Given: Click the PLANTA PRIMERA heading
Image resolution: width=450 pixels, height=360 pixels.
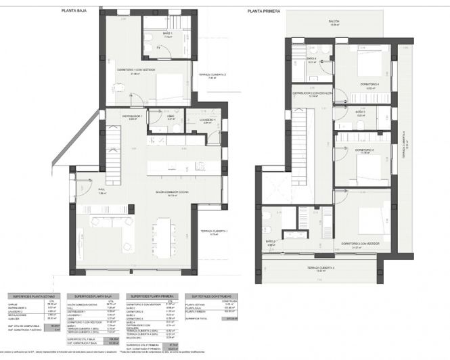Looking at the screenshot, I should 264,11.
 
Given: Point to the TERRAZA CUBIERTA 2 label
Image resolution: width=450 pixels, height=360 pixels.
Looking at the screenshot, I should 212,74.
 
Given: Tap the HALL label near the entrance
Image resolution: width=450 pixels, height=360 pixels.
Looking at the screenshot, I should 103,190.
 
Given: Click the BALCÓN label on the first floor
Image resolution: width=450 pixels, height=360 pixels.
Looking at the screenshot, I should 334,22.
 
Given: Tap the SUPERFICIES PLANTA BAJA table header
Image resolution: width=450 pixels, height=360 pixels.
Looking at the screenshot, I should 94,296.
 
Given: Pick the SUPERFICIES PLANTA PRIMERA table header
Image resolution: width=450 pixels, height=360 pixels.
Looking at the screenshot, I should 151,296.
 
